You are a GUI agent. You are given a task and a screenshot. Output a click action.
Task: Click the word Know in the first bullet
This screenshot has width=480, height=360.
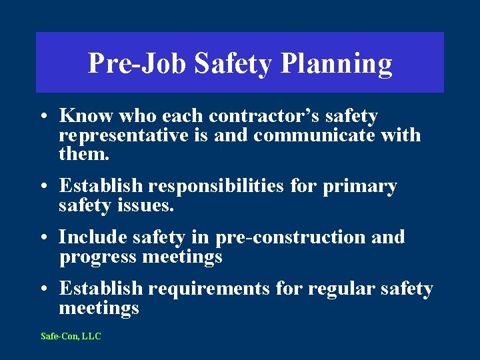coord(87,116)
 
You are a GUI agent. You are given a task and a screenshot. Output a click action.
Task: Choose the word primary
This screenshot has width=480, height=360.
coord(360,187)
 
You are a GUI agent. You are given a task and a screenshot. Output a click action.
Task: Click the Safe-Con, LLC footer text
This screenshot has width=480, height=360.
coord(71,337)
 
